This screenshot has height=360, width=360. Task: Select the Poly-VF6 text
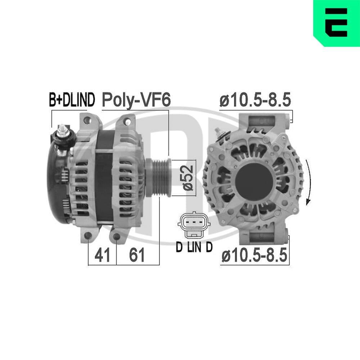click(136, 100)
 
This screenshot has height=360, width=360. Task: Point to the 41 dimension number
click(102, 255)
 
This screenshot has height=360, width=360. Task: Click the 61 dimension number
click(137, 255)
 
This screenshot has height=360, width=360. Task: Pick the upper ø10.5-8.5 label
click(255, 101)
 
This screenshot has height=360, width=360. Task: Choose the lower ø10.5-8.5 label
click(255, 256)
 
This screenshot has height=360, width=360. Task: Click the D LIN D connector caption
click(194, 247)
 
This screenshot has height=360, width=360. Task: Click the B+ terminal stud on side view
click(63, 130)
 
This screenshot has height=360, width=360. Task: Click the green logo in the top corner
click(336, 23)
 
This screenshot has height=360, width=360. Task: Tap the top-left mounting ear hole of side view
click(87, 120)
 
